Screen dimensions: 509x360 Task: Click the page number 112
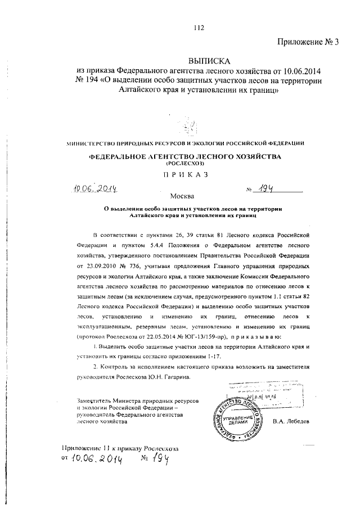[x=197, y=28]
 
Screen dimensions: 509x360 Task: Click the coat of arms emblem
[x=190, y=124]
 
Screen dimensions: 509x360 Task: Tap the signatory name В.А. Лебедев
[x=290, y=421]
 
